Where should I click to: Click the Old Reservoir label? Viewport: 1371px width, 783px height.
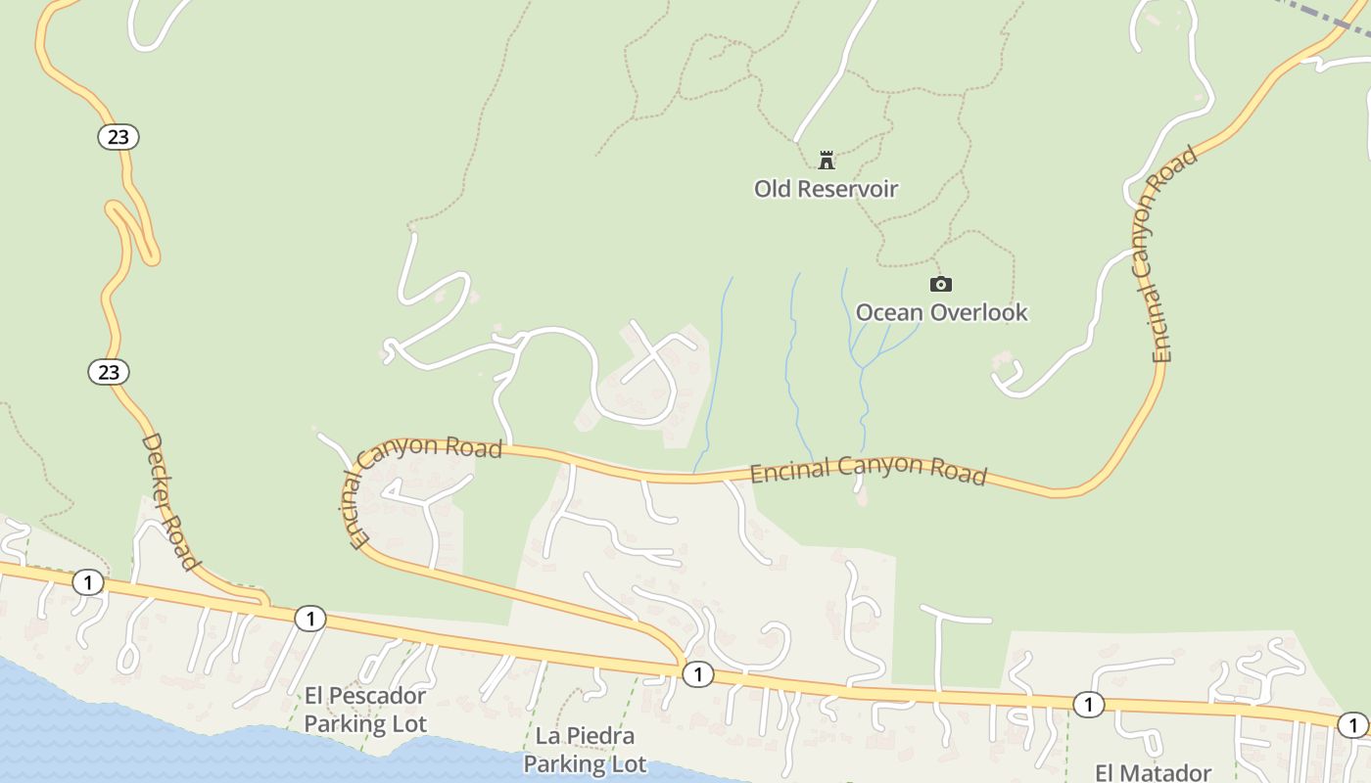pos(826,188)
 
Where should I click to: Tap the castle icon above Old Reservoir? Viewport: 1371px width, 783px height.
pos(827,160)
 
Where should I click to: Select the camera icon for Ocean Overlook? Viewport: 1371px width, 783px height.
pos(940,284)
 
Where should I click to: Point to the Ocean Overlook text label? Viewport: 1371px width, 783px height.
pos(941,312)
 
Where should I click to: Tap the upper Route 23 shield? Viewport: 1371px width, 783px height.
pos(118,137)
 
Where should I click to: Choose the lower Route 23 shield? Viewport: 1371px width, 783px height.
pos(109,372)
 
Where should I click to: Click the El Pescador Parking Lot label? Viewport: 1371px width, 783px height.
pos(365,710)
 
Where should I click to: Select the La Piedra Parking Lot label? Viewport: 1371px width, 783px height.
pos(586,749)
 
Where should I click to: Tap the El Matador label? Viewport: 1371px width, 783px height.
pos(1153,772)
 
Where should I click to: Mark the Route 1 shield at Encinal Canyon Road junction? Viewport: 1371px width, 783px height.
pos(697,673)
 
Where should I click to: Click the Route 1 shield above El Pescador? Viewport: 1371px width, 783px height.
pos(309,618)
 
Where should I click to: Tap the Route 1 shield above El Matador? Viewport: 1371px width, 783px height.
pos(1088,704)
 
